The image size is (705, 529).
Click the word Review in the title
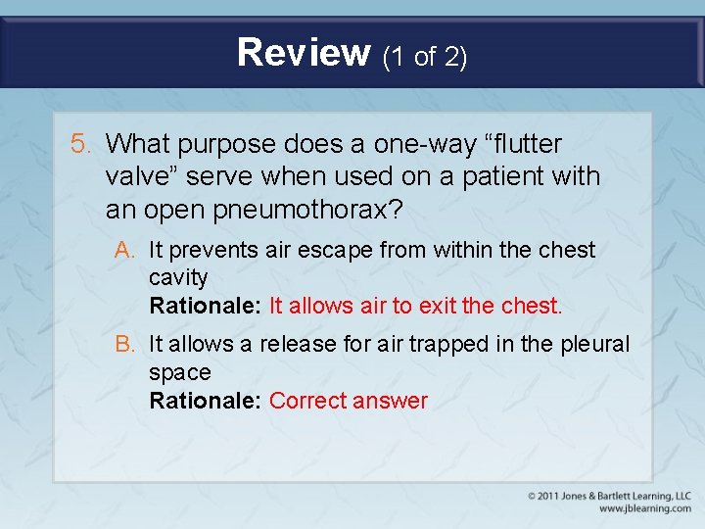coord(304,53)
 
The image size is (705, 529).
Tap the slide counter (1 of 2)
coord(425,57)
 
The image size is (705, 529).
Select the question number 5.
coord(81,145)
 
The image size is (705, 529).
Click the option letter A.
coord(124,251)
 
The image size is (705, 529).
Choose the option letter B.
coord(124,345)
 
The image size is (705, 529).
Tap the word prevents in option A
coord(213,251)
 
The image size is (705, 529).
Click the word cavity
coord(178,278)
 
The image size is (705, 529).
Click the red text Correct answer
coord(348,401)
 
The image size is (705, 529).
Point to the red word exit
coord(438,306)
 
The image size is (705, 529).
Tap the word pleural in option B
coord(596,345)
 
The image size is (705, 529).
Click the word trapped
coord(459,345)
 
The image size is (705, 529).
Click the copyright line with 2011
coord(608,496)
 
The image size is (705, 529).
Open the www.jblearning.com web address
coord(643,509)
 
